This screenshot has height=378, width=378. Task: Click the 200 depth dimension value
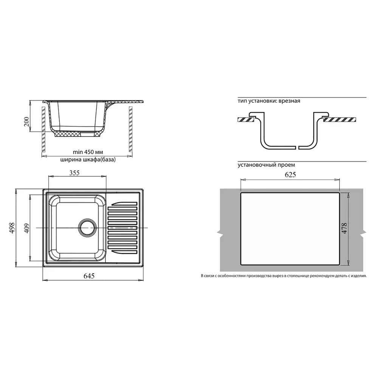pos(26,122)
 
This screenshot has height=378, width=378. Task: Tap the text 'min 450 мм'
pos(88,152)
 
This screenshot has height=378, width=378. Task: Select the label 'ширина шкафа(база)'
pos(88,160)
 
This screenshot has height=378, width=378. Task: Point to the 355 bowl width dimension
pos(74,173)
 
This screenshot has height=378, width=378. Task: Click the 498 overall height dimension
pos(12,228)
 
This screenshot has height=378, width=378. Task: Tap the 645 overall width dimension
pos(89,276)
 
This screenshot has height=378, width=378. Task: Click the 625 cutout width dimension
pos(290,175)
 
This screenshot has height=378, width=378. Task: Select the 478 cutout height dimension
pos(344,228)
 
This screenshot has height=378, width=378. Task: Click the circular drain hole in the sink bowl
pos(87,228)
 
